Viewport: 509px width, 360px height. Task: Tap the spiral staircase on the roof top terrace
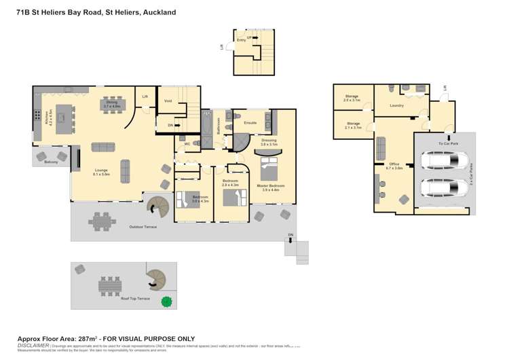[x=155, y=278]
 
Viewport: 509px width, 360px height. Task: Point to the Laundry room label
[x=397, y=106]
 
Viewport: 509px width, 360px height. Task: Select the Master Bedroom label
[x=270, y=186]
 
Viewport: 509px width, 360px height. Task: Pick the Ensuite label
[x=249, y=123]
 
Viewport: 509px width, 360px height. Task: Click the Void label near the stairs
[x=168, y=101]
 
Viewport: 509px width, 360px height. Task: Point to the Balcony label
[x=50, y=162]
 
